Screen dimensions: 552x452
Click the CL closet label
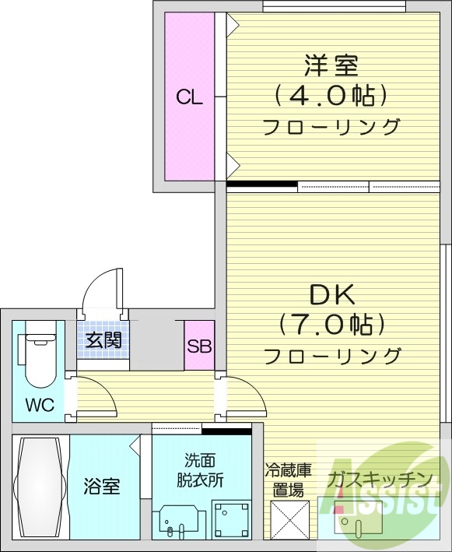coord(189,98)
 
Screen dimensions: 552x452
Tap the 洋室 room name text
coord(331,64)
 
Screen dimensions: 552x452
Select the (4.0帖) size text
coord(331,96)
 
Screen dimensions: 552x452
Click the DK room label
coord(332,294)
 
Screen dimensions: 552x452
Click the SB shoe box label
coord(199,346)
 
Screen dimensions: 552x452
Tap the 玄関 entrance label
coord(103,340)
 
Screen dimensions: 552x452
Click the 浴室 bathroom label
coord(102,487)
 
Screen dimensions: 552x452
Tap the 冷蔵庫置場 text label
coord(288,480)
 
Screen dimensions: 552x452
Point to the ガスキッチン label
coord(380,478)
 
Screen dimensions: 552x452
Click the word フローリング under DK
coord(332,357)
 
